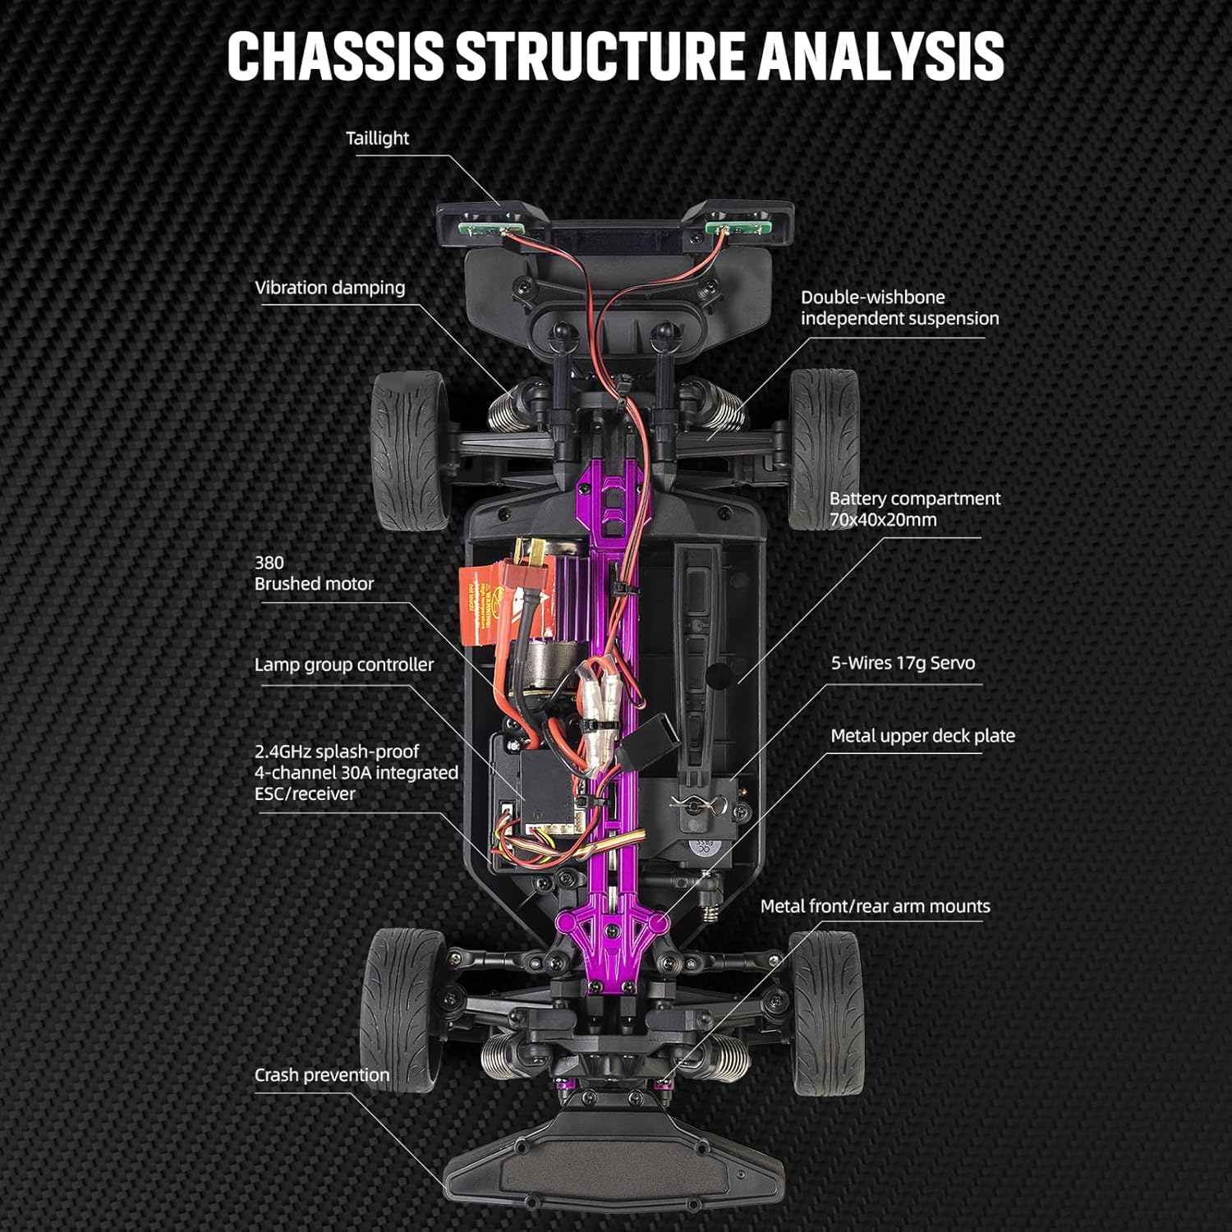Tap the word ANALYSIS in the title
[880, 56]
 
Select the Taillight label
[377, 138]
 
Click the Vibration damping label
[329, 287]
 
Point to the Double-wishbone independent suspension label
[899, 308]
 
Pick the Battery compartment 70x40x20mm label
[914, 509]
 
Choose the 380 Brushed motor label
[314, 573]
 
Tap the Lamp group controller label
[343, 664]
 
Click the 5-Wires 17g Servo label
[903, 663]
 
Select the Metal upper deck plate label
[922, 736]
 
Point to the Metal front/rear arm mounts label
[875, 906]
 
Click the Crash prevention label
[321, 1075]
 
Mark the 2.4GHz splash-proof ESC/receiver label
[356, 773]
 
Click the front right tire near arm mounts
[824, 1012]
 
